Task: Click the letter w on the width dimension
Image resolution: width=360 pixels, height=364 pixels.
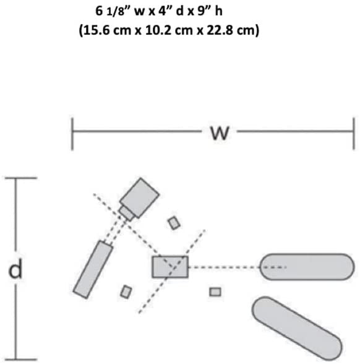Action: click(220, 133)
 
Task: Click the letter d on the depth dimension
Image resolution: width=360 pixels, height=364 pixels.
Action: click(15, 269)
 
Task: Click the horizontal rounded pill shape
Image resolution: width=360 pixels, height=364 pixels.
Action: click(307, 267)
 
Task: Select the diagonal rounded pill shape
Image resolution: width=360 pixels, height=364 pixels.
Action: click(297, 328)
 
